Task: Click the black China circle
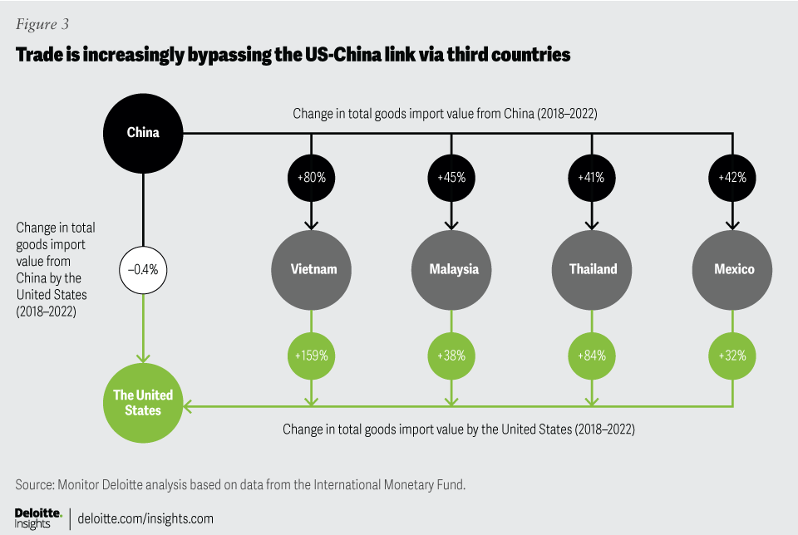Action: [x=143, y=132]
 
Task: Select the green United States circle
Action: [x=143, y=402]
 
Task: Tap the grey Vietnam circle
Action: [x=313, y=268]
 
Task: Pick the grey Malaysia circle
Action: [x=454, y=268]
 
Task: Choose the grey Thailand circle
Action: [x=593, y=268]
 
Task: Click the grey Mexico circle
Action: [x=733, y=268]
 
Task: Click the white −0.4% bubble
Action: [x=143, y=268]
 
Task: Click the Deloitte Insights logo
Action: [x=37, y=518]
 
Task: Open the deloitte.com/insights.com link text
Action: [x=145, y=518]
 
